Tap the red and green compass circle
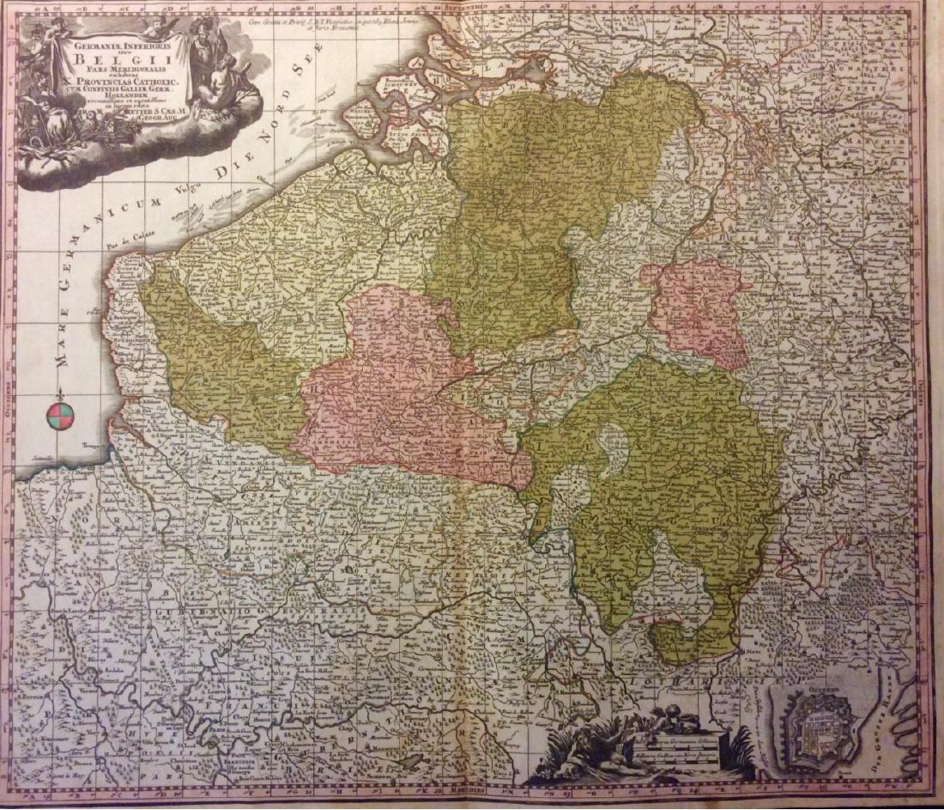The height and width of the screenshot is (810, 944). click(61, 416)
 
